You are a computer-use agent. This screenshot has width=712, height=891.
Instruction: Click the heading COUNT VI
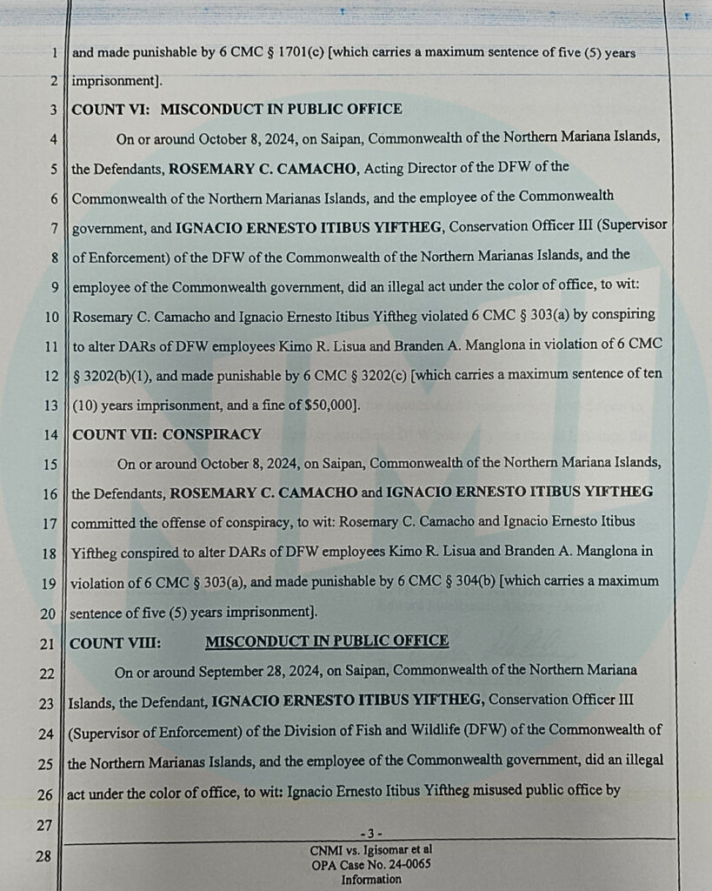point(110,110)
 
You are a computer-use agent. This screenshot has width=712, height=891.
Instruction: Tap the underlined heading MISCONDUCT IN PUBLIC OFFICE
point(327,642)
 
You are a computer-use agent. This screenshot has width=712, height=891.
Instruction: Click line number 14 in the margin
point(50,435)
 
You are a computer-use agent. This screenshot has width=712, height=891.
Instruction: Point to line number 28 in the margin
point(43,856)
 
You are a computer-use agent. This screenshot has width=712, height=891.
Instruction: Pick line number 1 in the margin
point(54,53)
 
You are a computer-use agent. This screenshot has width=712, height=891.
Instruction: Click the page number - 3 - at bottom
point(371,834)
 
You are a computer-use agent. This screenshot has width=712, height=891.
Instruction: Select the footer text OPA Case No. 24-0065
point(371,865)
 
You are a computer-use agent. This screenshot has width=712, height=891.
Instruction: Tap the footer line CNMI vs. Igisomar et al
point(371,849)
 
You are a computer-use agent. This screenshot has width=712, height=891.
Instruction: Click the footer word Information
point(371,880)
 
